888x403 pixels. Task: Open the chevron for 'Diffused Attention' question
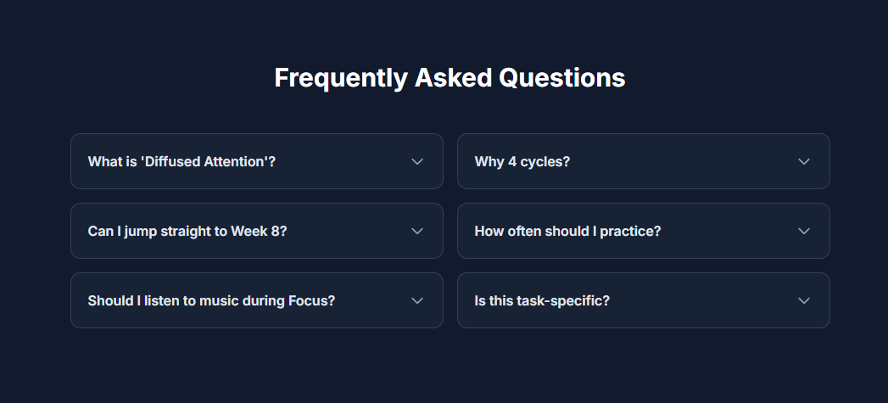click(417, 161)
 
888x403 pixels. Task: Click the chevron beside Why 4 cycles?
click(804, 161)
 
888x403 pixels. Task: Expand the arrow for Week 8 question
click(417, 231)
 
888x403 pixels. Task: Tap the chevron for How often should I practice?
click(804, 231)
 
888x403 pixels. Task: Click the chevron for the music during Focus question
click(417, 300)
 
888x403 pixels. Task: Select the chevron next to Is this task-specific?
click(804, 300)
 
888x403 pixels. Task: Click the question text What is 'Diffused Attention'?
click(182, 161)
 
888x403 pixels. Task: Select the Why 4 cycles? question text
click(522, 161)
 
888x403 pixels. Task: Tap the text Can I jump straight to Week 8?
click(187, 231)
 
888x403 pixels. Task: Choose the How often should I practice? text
click(567, 231)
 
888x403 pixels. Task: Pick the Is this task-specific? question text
click(542, 300)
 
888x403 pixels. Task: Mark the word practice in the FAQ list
click(628, 231)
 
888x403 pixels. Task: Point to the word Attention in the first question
click(236, 161)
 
